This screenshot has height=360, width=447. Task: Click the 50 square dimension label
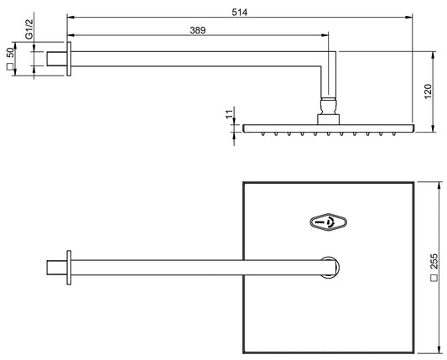click(x=11, y=60)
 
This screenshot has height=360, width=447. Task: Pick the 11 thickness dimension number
click(x=227, y=116)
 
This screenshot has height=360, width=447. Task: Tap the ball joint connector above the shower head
click(x=328, y=107)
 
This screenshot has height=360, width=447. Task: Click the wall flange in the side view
click(x=70, y=60)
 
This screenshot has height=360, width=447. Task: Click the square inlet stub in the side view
click(x=57, y=60)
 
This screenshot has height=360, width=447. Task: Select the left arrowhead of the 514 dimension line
click(x=70, y=16)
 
